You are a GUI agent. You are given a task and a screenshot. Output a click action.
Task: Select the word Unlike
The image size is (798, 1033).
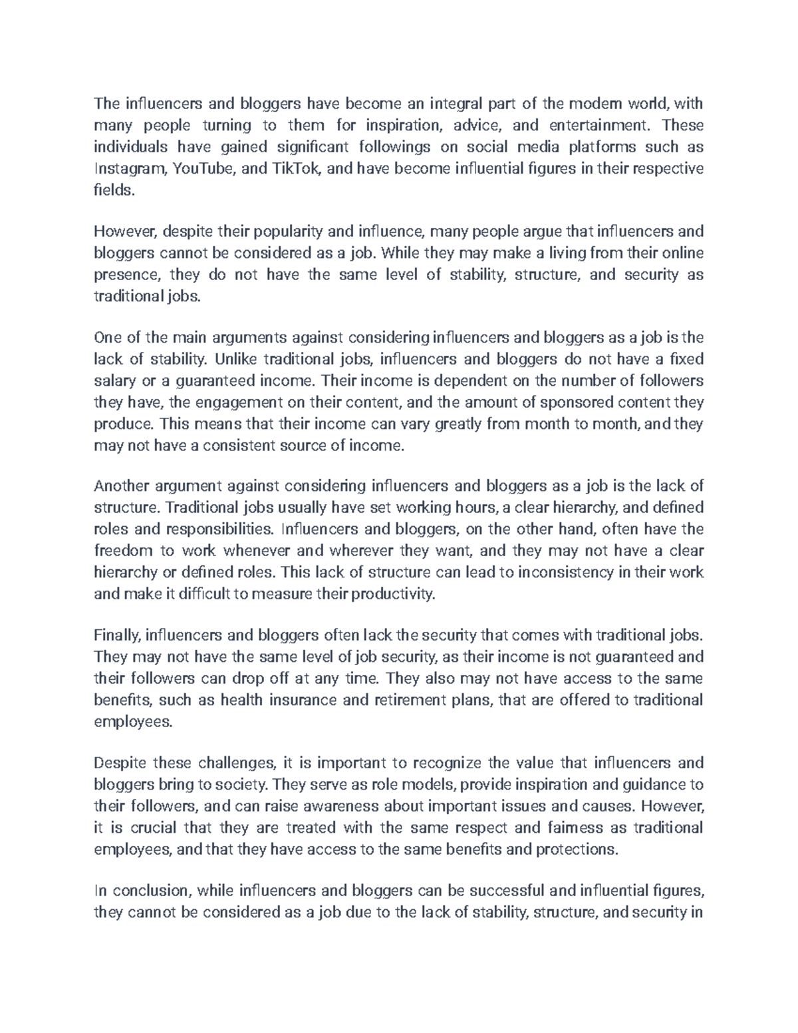[x=235, y=359]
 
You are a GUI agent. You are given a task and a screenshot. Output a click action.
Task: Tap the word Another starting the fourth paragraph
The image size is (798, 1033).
[x=121, y=486]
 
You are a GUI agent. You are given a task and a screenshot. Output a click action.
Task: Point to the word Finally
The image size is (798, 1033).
[x=116, y=635]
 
